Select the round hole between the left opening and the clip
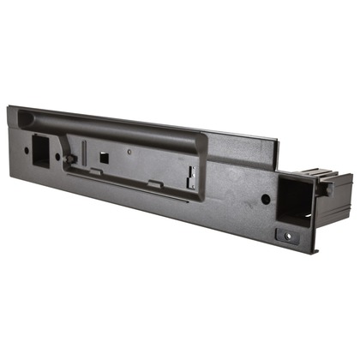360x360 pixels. [58, 157]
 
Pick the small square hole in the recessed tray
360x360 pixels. [102, 157]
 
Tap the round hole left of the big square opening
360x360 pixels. [265, 199]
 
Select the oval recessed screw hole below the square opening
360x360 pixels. [285, 234]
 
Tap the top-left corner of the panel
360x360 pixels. [10, 107]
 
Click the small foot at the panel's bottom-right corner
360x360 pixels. [315, 249]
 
